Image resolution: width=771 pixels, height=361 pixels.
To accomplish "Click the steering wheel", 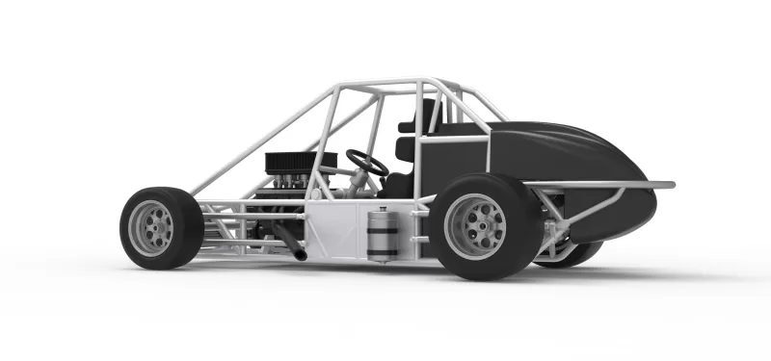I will [367, 162].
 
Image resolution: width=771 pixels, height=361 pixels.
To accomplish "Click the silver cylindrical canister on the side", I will [383, 234].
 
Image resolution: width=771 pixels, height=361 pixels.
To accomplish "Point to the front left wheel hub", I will [151, 228].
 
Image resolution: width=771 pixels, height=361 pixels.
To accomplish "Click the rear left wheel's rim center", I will [476, 227].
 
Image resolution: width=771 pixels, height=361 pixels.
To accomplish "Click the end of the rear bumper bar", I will [669, 184].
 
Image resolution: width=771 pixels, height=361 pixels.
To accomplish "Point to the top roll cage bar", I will [385, 85].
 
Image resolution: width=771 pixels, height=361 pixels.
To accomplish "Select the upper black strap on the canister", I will [383, 219].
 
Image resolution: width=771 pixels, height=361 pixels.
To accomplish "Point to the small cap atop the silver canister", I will [383, 204].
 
